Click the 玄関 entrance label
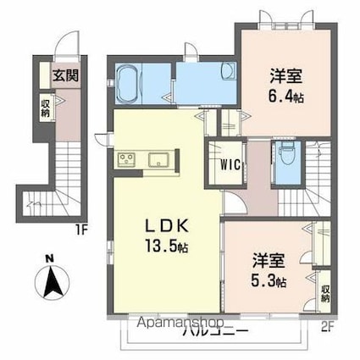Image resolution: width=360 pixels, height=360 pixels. pos(64,74)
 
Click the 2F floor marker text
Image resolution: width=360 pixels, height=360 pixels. pos(327,324)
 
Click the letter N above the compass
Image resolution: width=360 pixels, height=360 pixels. pos(52,259)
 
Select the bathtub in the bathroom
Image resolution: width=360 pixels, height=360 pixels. pos(128,80)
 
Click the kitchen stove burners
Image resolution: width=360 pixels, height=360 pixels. pos(125,159)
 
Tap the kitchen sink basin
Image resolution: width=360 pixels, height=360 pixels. pos(158,159)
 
